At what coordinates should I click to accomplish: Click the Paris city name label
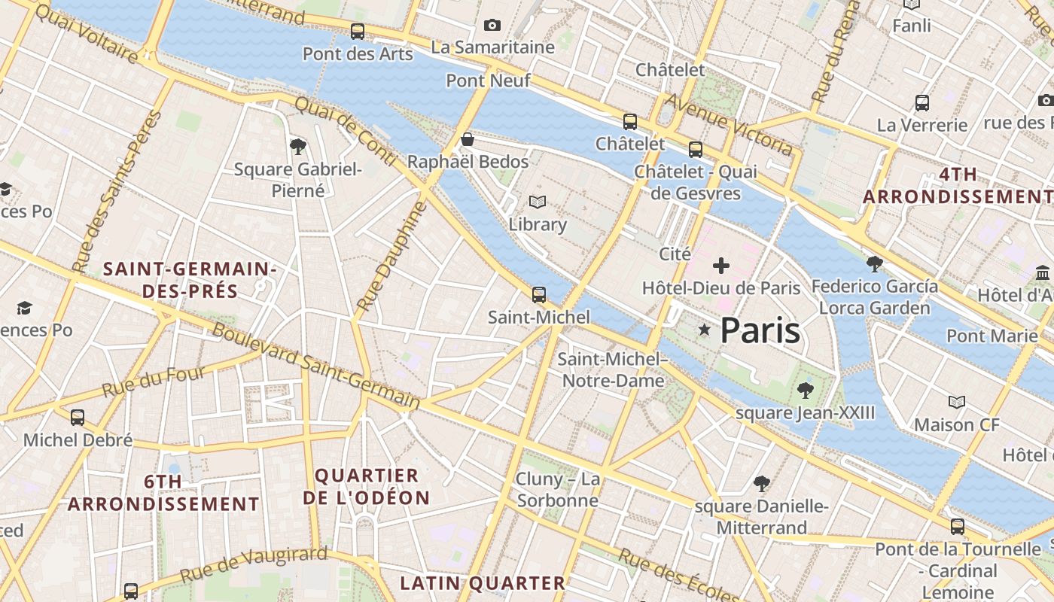coord(760,330)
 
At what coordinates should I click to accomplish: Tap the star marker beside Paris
coord(705,330)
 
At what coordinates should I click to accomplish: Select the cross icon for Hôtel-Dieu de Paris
coord(721,265)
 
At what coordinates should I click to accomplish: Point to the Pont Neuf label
coord(489,81)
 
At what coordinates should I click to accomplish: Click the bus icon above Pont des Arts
coord(358,32)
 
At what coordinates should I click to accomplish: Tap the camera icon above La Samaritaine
coord(492,26)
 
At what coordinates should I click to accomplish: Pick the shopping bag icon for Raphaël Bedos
coord(468,139)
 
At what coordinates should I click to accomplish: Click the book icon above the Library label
coord(538,202)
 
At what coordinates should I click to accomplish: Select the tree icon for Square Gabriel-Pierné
coord(298,146)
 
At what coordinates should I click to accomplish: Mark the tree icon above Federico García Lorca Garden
coord(874,263)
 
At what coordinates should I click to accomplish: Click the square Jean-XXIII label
coord(806,412)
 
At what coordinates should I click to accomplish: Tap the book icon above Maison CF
coord(957,402)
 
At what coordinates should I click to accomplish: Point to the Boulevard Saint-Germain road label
coord(316,366)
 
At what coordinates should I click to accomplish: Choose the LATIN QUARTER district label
coord(483,583)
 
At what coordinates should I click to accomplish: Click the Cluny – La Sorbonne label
coord(558,490)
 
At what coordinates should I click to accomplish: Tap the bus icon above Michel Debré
coord(78,417)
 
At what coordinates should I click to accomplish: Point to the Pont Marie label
coord(992,336)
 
